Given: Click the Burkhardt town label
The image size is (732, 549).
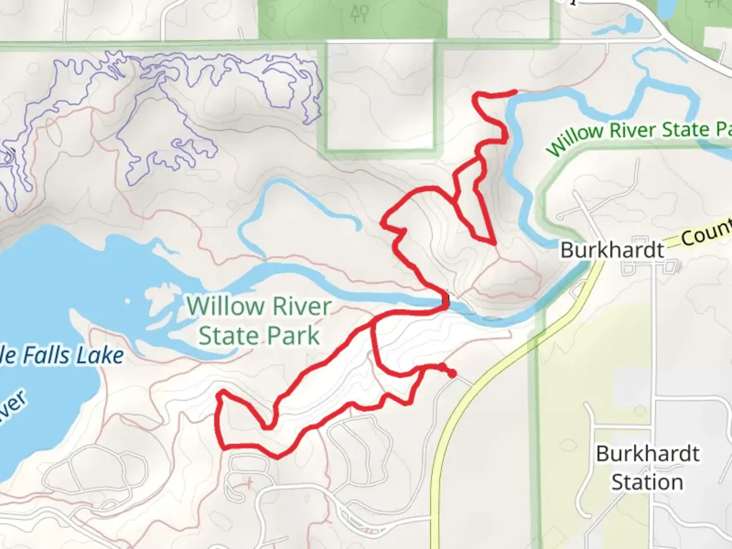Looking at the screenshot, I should click(x=612, y=250).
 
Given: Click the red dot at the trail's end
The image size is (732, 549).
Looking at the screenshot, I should click(x=451, y=375).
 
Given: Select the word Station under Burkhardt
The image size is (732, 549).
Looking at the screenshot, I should click(x=647, y=482).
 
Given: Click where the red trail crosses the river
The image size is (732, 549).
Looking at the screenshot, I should click(x=446, y=303).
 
